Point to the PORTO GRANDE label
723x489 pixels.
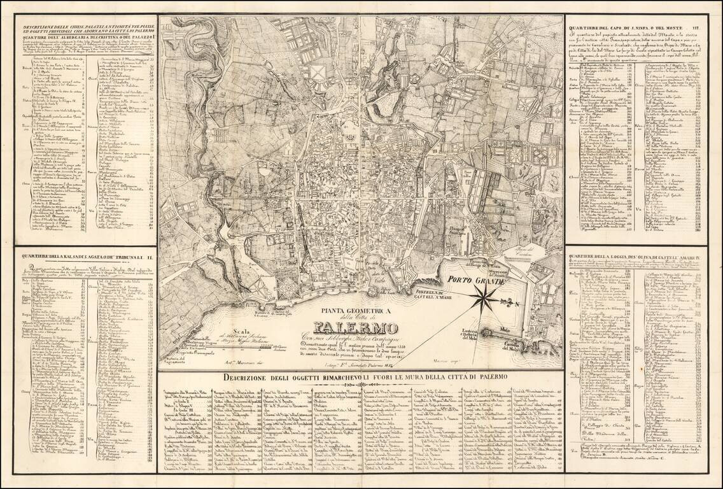[x=475, y=279]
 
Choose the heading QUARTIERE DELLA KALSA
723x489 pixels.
[x=85, y=257]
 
